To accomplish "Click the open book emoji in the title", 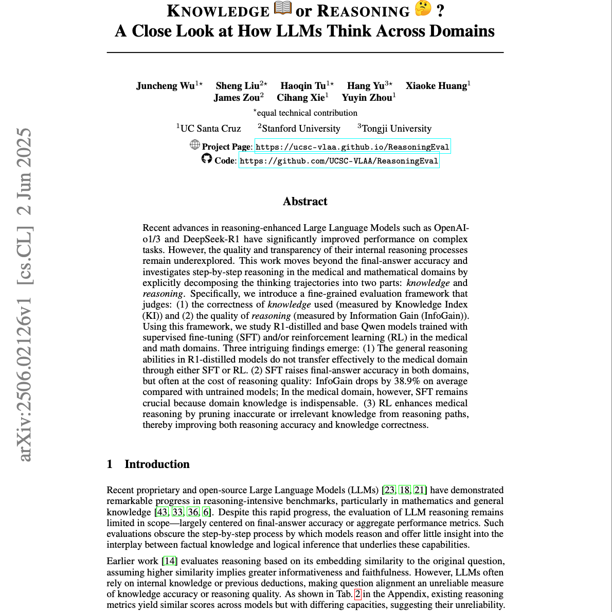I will [x=283, y=9].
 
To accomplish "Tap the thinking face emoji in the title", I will [x=423, y=9].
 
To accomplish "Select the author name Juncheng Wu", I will [x=165, y=86].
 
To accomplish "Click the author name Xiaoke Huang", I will [x=436, y=86].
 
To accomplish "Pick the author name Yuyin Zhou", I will [x=367, y=98].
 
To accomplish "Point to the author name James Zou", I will [x=237, y=98].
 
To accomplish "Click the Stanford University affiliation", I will [x=301, y=129].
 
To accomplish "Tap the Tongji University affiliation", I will [x=397, y=129].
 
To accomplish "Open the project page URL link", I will [x=352, y=147].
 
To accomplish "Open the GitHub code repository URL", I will [x=339, y=161].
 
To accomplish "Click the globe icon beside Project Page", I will [x=195, y=145].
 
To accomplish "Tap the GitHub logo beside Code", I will [x=207, y=159].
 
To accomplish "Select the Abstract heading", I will [x=305, y=202].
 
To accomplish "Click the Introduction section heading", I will [x=157, y=464].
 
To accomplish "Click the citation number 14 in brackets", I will [x=170, y=561].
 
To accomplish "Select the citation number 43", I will [x=163, y=512].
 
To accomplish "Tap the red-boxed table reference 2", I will [x=358, y=594].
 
